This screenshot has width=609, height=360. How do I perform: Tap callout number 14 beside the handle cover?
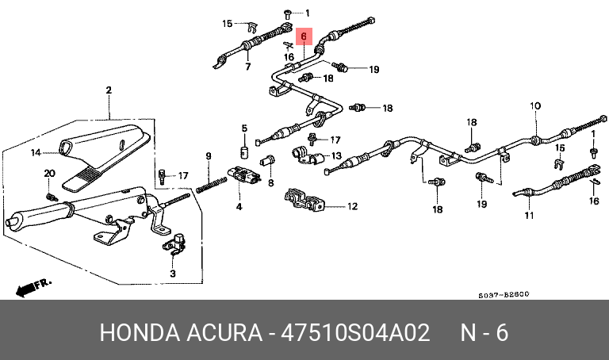[x=36, y=152]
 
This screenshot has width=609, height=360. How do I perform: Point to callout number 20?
[x=49, y=174]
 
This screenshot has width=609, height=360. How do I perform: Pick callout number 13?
[x=336, y=155]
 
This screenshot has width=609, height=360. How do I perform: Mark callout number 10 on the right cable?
[x=535, y=105]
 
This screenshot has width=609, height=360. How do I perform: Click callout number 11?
[x=529, y=215]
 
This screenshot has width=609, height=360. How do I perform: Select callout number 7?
[x=247, y=67]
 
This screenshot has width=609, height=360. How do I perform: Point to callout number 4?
[x=238, y=208]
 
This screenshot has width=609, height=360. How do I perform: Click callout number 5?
[x=245, y=128]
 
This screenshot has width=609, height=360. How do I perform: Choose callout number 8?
[x=270, y=183]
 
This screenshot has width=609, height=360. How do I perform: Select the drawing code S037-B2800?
[x=504, y=294]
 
